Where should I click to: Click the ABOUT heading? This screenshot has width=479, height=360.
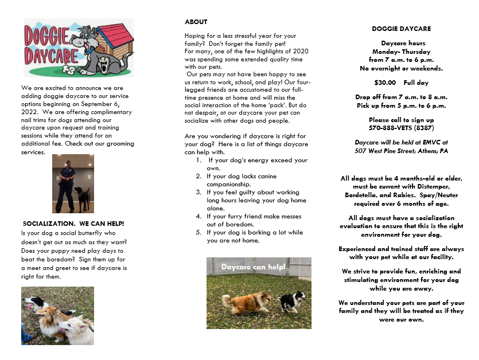point(196,22)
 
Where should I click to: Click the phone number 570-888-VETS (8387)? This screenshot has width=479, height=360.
point(401,128)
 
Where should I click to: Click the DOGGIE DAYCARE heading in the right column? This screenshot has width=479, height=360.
point(401,29)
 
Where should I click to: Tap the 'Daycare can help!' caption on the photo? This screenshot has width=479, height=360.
point(253,267)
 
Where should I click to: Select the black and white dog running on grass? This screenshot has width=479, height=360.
point(293,301)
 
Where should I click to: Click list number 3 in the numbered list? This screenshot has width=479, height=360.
point(198,193)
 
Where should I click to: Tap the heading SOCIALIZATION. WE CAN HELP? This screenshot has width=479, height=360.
point(73,223)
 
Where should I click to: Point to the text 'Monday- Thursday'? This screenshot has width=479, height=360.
point(401,52)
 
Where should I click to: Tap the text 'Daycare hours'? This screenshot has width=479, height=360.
point(401,44)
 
